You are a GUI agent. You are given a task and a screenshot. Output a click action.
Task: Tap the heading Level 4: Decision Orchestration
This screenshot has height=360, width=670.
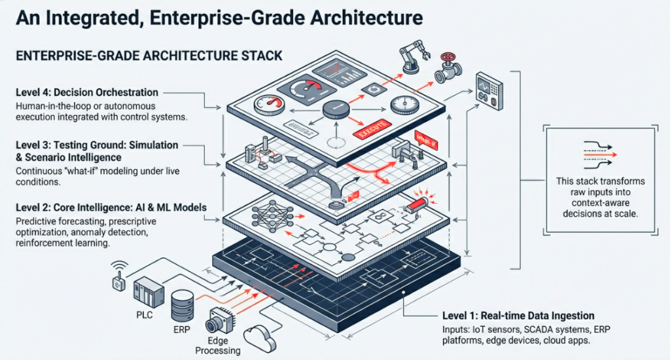pyautogui.click(x=87, y=93)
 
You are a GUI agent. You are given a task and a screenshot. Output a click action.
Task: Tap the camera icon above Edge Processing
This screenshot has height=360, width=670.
pyautogui.click(x=219, y=321)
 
